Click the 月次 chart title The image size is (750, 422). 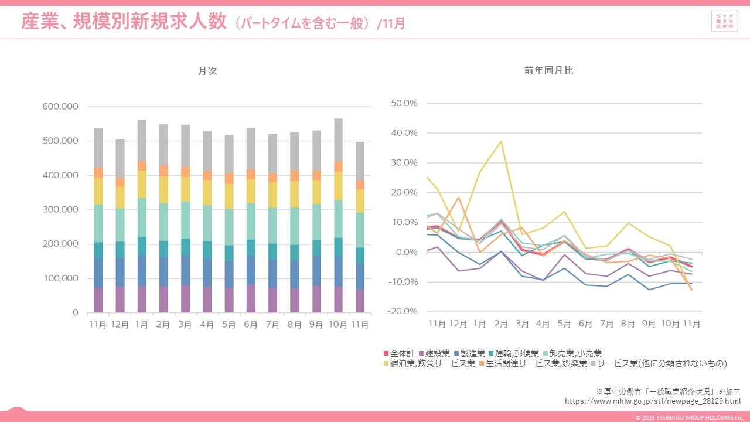coord(207,71)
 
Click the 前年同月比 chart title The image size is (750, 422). coord(548,71)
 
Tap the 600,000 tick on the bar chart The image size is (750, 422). coord(60,107)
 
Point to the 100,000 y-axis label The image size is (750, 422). coord(60,278)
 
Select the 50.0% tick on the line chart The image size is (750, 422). coord(404,103)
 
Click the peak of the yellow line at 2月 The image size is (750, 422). coord(502,141)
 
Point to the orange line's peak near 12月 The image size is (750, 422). coord(459,198)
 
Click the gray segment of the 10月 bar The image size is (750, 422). coord(338,140)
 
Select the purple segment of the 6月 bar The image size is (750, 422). coord(251,298)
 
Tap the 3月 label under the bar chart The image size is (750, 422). coord(185,324)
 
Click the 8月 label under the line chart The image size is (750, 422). coord(628,324)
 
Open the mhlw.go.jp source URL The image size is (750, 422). coord(653,401)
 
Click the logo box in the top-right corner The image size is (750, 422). coord(724,22)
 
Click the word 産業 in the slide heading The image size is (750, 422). coord(39,22)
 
